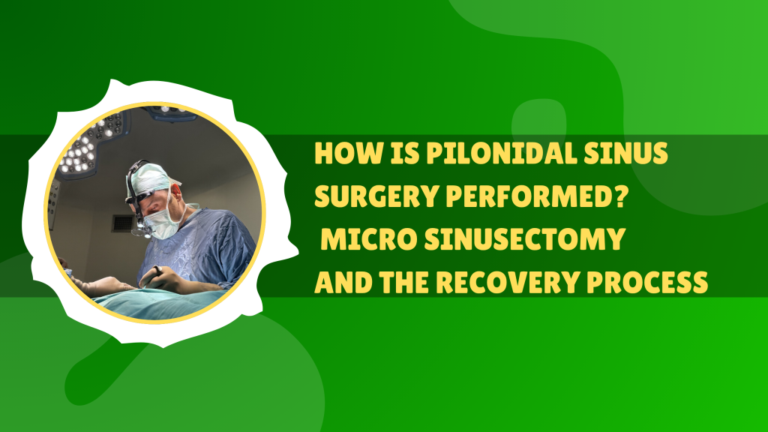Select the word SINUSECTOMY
[x=524, y=240]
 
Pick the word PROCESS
[x=654, y=283]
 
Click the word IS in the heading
[x=403, y=154]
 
